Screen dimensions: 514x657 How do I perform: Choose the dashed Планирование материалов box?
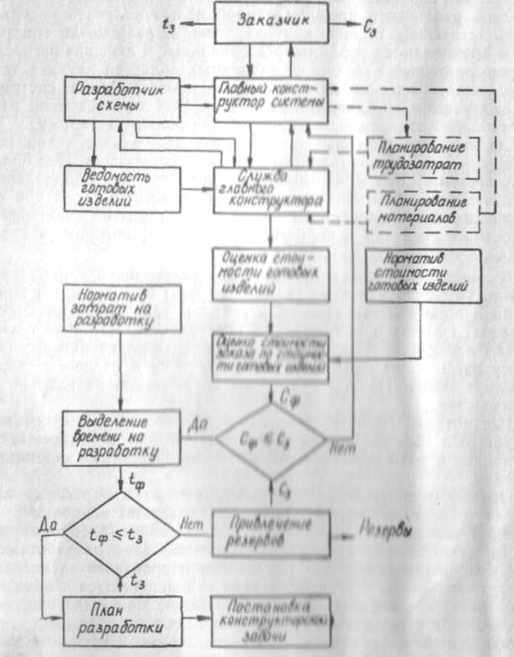tap(423, 210)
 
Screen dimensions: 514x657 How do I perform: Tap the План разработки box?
tap(122, 621)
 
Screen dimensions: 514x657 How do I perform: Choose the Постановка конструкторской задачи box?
tap(273, 621)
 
